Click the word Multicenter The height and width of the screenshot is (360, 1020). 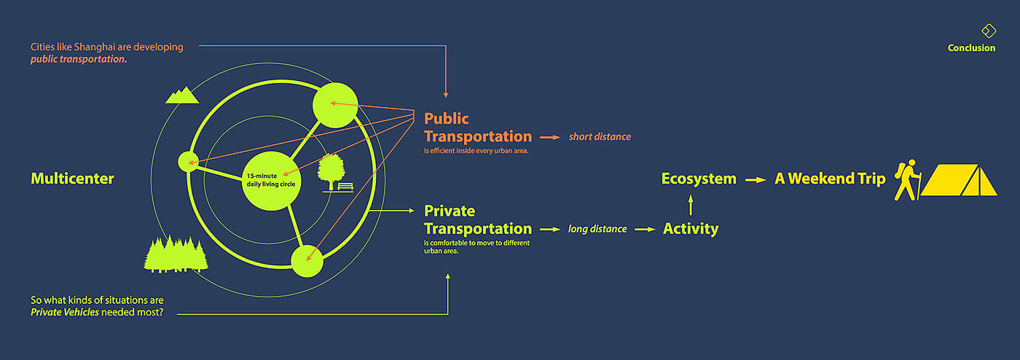pos(73,179)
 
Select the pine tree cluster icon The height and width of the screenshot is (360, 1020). pos(176,254)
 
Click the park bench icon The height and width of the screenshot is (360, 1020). pos(345,187)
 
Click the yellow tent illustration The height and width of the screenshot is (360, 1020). pos(960,179)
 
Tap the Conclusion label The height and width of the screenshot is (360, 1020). pos(971,48)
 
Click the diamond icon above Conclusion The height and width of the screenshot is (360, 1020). pos(988,30)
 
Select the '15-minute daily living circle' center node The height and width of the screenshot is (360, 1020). pos(270,181)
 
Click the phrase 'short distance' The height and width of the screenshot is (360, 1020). pos(600,136)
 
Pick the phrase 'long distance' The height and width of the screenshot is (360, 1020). pos(597,229)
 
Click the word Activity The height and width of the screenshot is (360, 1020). pos(691,229)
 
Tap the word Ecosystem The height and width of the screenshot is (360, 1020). pos(699,179)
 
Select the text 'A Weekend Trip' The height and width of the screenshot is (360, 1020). pos(830,179)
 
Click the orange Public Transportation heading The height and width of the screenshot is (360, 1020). pos(478,128)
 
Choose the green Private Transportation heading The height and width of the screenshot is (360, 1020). pos(478,220)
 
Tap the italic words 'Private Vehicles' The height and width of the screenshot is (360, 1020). pos(65,313)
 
